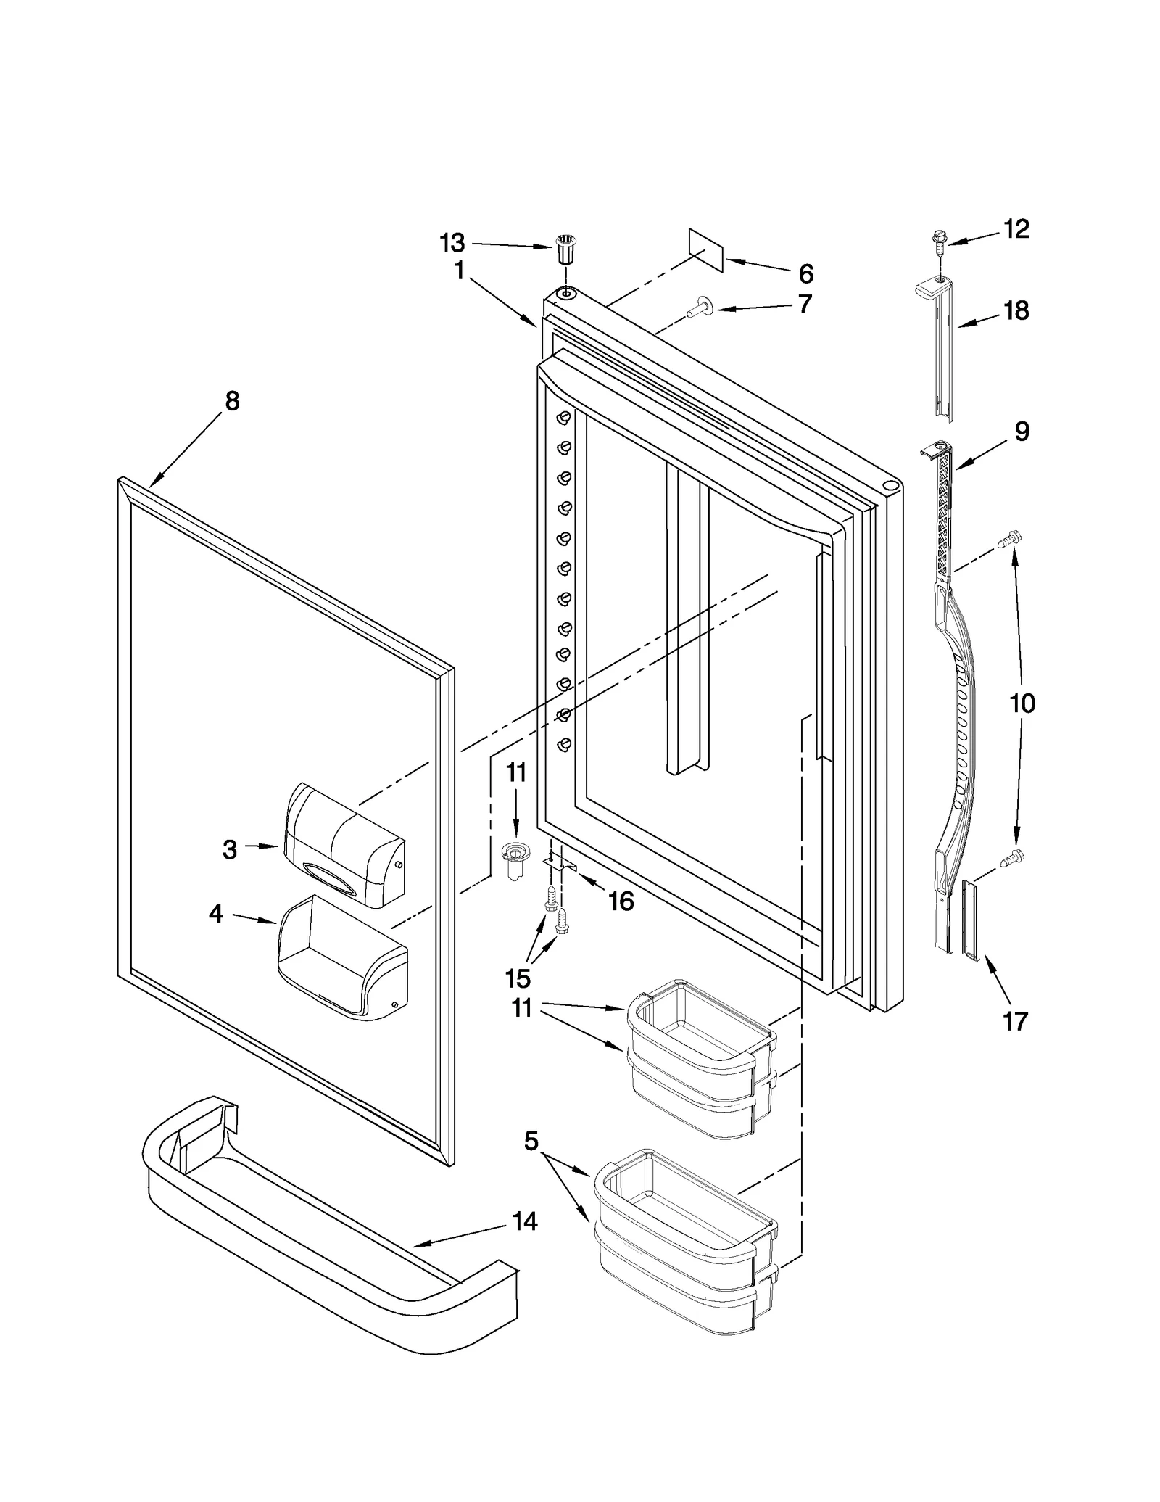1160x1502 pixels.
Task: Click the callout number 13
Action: (x=452, y=243)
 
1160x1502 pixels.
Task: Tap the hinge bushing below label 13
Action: (x=564, y=252)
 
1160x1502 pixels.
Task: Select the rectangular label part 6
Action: (x=705, y=250)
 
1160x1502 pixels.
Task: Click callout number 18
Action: (x=1016, y=311)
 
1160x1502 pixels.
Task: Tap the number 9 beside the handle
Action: (x=1022, y=432)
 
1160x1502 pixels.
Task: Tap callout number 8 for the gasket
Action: (x=232, y=401)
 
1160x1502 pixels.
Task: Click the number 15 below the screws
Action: (x=518, y=978)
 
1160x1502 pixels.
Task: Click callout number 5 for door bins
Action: (x=531, y=1141)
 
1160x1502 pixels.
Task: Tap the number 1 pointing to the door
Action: (x=459, y=271)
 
